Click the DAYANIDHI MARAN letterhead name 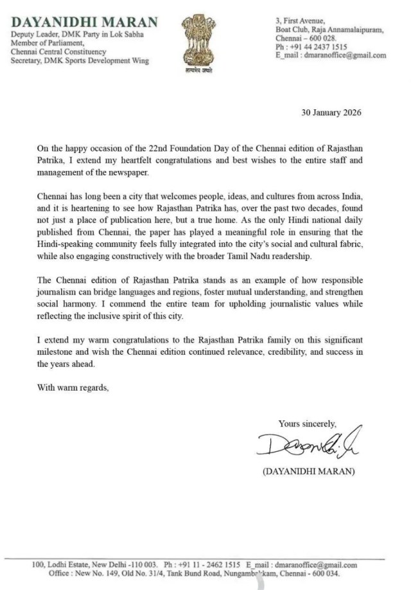pos(84,22)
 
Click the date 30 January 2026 pos(331,112)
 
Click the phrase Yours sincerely pos(307,423)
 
